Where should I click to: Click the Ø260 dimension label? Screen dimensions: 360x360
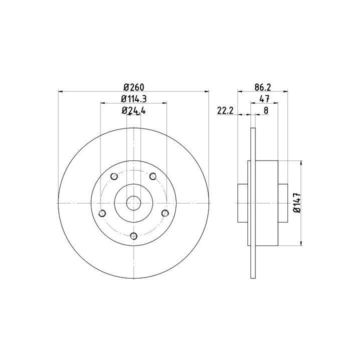(134, 87)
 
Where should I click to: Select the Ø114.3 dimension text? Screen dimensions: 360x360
(134, 98)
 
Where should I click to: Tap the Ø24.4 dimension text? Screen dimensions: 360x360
(134, 110)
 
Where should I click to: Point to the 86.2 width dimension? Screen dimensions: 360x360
(262, 87)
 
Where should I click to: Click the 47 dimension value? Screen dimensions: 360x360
(264, 99)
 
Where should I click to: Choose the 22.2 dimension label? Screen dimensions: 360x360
(225, 110)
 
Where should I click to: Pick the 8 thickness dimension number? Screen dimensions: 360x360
(266, 110)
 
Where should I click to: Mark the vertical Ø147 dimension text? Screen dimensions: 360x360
(297, 202)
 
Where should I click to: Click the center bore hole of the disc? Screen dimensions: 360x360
(133, 203)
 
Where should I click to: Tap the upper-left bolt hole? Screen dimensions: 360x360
(114, 176)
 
